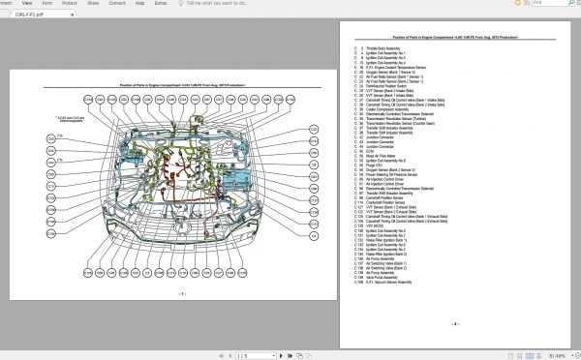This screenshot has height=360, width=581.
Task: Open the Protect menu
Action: point(69,4)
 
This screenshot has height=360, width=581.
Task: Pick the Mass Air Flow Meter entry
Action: point(379,155)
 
